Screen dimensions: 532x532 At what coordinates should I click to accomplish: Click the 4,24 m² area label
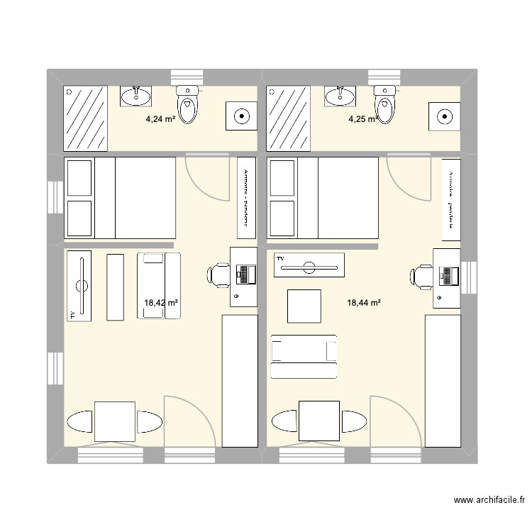coord(160,119)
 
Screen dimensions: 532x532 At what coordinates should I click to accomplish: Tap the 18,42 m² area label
coord(161,303)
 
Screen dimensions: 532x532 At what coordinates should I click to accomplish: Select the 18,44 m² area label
coord(364,303)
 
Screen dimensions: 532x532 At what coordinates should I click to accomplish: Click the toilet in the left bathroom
coord(189,104)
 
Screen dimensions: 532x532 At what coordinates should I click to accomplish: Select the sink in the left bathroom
coord(136,95)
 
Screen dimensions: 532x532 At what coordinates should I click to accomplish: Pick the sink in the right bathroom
coord(340,96)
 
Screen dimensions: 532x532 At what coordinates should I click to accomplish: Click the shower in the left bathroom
coord(85,118)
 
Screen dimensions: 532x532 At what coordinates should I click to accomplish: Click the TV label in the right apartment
coord(280,260)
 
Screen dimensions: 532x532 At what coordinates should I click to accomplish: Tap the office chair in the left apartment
coord(217,274)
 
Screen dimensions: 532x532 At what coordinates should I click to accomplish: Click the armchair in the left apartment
coord(159,285)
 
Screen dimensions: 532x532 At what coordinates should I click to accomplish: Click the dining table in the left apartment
coord(115,421)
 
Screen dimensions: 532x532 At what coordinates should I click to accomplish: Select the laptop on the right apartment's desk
coord(448,275)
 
